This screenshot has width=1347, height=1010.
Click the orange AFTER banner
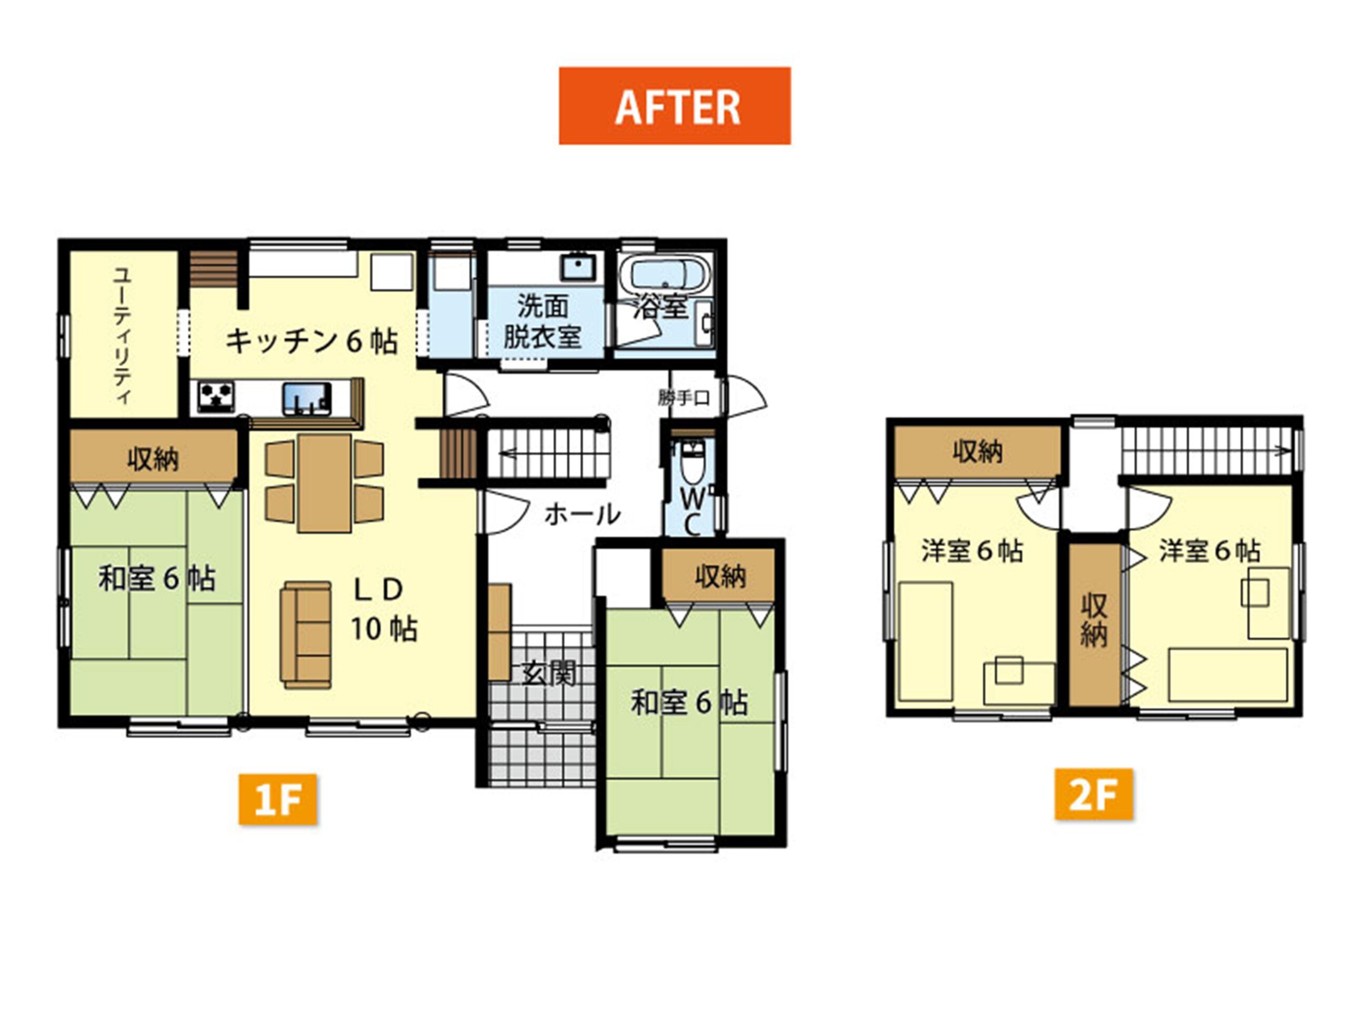click(675, 106)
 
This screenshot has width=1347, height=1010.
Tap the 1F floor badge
click(278, 800)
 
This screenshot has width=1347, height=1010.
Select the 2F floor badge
click(1094, 794)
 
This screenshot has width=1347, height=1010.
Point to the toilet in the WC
click(691, 463)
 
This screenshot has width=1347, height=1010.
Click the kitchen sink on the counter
click(306, 399)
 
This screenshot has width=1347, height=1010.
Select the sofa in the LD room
click(306, 635)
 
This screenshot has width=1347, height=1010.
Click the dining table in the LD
click(325, 483)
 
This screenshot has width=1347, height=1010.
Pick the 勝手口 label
click(684, 398)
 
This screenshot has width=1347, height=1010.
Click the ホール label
click(582, 515)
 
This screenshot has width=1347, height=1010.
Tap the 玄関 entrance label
click(549, 674)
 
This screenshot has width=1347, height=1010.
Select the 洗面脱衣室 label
click(542, 321)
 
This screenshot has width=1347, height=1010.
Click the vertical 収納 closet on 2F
click(1095, 624)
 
